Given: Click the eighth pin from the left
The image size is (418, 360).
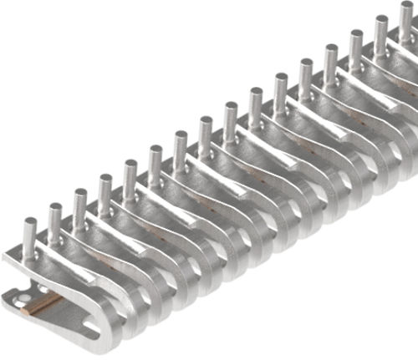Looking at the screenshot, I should pos(206,132).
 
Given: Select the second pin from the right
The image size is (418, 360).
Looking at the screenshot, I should pos(381,32).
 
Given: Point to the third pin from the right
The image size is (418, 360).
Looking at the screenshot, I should pos(356,46).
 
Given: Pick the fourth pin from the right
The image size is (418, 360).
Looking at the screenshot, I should pos(331,60).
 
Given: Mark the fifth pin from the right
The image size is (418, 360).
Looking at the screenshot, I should pos(306,74).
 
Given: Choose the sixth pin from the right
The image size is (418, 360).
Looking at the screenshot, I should pos(281,89).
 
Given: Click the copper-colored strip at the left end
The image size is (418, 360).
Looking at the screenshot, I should pos(43,302).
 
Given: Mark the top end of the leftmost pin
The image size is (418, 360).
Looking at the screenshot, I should pos(30,221).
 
